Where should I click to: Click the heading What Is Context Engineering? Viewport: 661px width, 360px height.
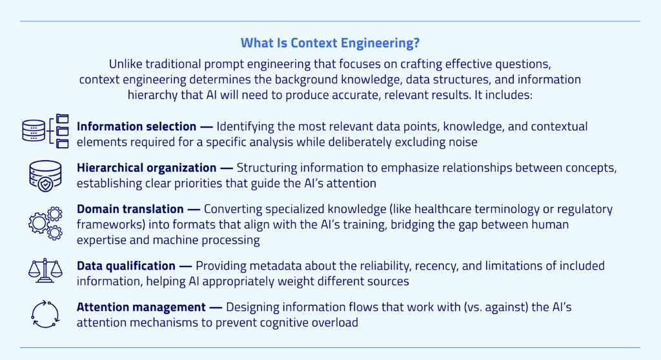330,43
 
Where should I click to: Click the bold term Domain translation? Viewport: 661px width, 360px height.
129,210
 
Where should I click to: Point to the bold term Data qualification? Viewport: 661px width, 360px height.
126,266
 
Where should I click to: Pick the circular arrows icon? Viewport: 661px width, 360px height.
45,313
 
